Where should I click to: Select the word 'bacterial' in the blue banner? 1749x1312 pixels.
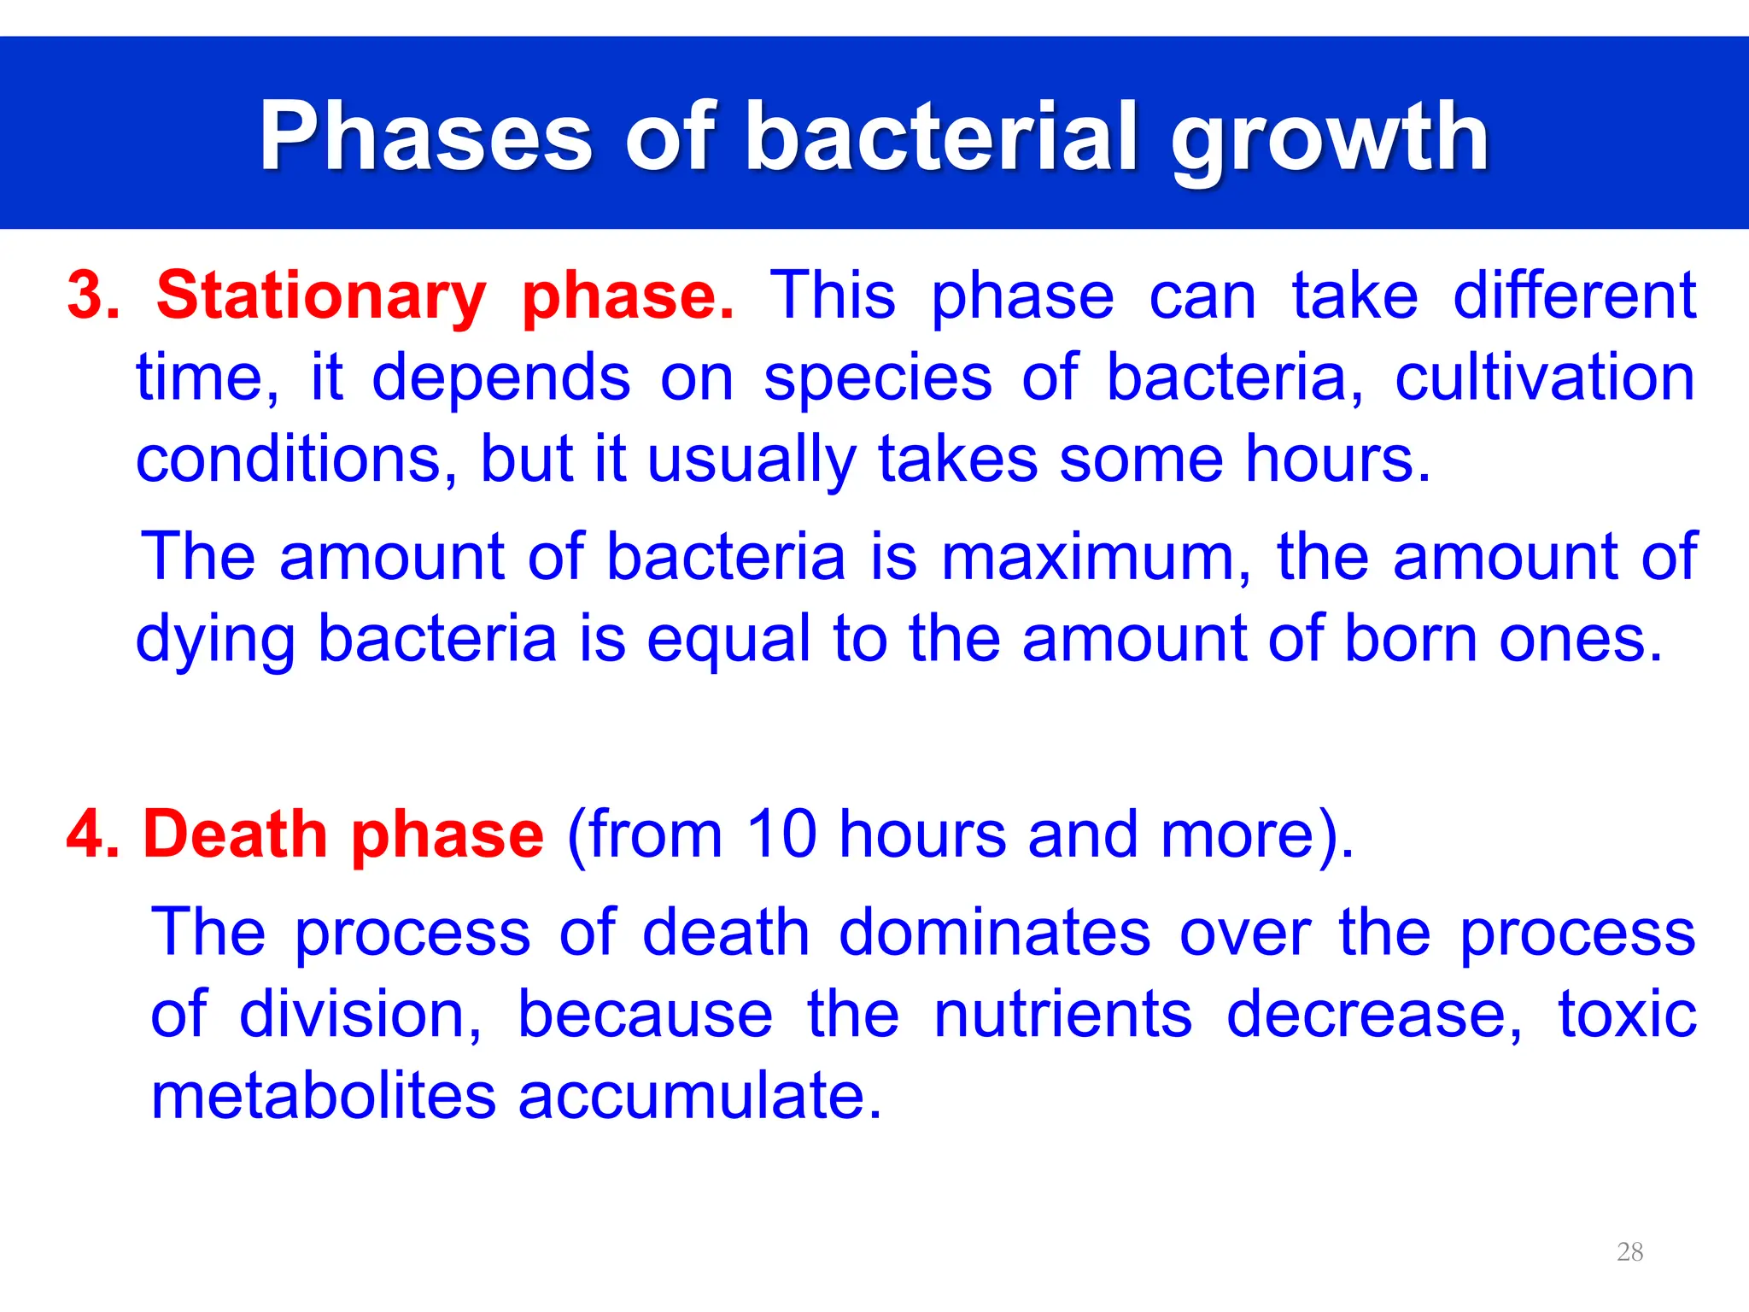(x=942, y=137)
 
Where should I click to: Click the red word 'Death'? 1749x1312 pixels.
(x=235, y=834)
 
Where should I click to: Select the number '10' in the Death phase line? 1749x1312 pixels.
(x=781, y=834)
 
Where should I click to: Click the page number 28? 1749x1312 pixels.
(x=1629, y=1252)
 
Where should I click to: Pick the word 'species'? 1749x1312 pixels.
(x=878, y=379)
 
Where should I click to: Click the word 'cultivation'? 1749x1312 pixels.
(x=1545, y=378)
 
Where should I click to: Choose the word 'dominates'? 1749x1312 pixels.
(x=995, y=932)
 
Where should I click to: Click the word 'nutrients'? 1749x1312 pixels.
(x=1062, y=1015)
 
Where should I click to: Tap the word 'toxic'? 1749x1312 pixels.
(x=1627, y=1015)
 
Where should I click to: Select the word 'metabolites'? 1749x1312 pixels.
(x=323, y=1097)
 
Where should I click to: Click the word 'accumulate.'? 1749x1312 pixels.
(x=699, y=1097)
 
